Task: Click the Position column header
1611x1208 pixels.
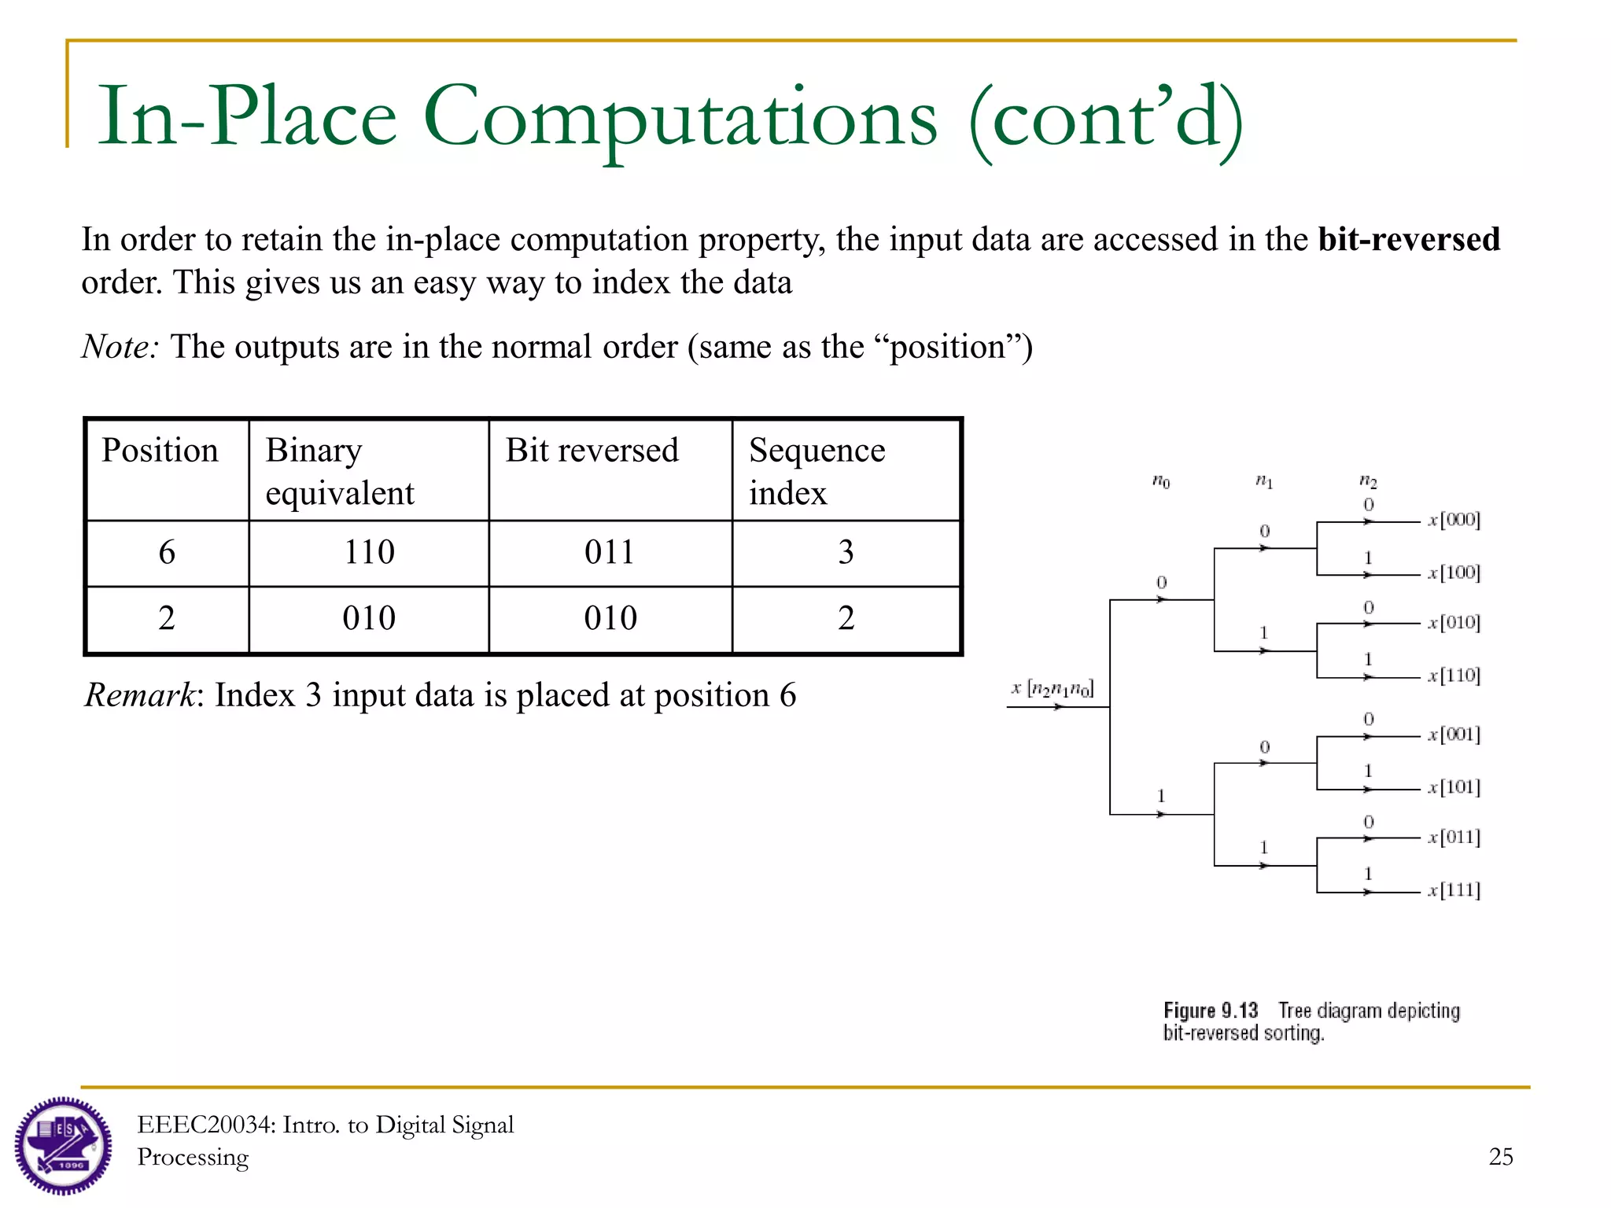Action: pyautogui.click(x=160, y=451)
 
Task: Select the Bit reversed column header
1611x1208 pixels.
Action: pyautogui.click(x=592, y=451)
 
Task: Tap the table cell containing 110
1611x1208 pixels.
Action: pyautogui.click(x=369, y=552)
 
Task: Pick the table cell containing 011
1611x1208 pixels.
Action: pyautogui.click(x=610, y=552)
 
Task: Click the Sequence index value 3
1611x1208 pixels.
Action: pyautogui.click(x=846, y=552)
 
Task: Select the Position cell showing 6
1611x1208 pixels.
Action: pyautogui.click(x=167, y=552)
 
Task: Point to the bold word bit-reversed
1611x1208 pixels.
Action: pyautogui.click(x=1409, y=239)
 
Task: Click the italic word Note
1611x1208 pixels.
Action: pyautogui.click(x=120, y=347)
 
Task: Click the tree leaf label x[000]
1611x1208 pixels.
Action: pyautogui.click(x=1454, y=520)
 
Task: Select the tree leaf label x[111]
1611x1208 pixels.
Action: pyautogui.click(x=1454, y=890)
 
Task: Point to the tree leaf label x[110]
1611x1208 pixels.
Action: pyautogui.click(x=1454, y=676)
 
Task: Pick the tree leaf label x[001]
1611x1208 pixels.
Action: pyautogui.click(x=1454, y=735)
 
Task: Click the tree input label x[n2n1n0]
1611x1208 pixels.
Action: pyautogui.click(x=1052, y=689)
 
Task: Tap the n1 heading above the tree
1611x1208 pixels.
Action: pyautogui.click(x=1264, y=481)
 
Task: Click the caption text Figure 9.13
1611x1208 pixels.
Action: pyautogui.click(x=1211, y=1011)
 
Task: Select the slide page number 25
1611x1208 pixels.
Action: pyautogui.click(x=1500, y=1156)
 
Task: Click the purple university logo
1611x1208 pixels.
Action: pyautogui.click(x=63, y=1145)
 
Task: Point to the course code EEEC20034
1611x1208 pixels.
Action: pyautogui.click(x=206, y=1125)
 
